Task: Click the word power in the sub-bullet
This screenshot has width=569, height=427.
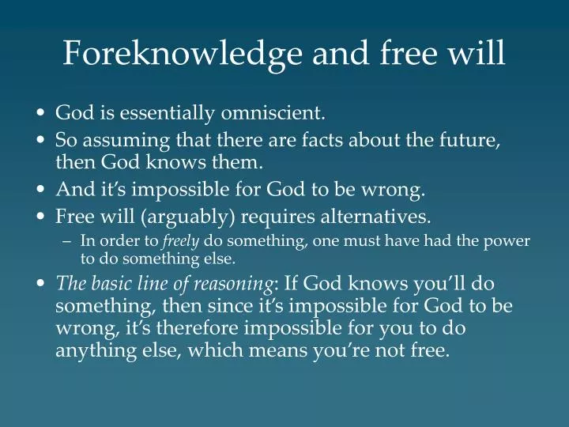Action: click(x=511, y=241)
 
